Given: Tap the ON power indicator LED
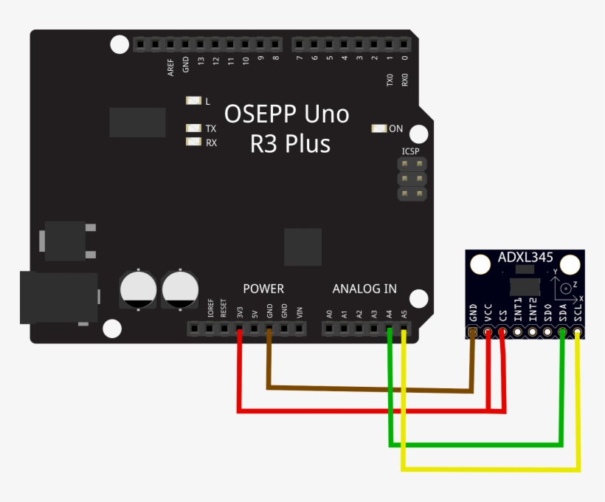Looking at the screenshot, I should point(379,128).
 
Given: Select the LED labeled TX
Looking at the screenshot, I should point(194,128).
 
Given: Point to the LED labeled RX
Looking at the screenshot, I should point(194,142).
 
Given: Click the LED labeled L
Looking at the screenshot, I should point(194,101).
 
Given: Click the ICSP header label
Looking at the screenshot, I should point(410,151).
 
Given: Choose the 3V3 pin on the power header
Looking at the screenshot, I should point(240,329).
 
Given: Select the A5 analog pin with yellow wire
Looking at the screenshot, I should point(404,329).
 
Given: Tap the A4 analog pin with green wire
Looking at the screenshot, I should point(389,329).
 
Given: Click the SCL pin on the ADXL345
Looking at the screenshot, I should point(578,333).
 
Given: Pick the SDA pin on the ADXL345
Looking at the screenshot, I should point(563,333).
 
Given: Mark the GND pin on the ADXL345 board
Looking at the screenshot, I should point(473,333).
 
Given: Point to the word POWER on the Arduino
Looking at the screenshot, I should point(263,289).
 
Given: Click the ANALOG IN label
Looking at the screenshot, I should point(364,289).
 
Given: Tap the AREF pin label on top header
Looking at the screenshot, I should point(170,68).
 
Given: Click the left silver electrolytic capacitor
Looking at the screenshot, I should point(138,289).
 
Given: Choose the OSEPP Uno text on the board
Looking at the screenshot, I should point(286,114).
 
